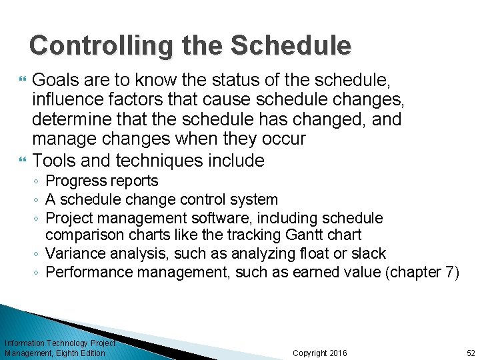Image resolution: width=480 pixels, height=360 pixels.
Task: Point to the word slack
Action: [x=369, y=254]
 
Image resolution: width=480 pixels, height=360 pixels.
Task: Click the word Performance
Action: [x=88, y=272]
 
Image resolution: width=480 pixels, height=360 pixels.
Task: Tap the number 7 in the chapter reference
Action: [x=449, y=272]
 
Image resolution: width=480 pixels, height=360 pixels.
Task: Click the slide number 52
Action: [x=471, y=353]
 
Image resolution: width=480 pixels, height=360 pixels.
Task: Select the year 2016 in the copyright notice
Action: [x=338, y=353]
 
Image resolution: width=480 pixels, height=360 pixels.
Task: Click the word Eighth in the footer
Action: [x=70, y=353]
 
